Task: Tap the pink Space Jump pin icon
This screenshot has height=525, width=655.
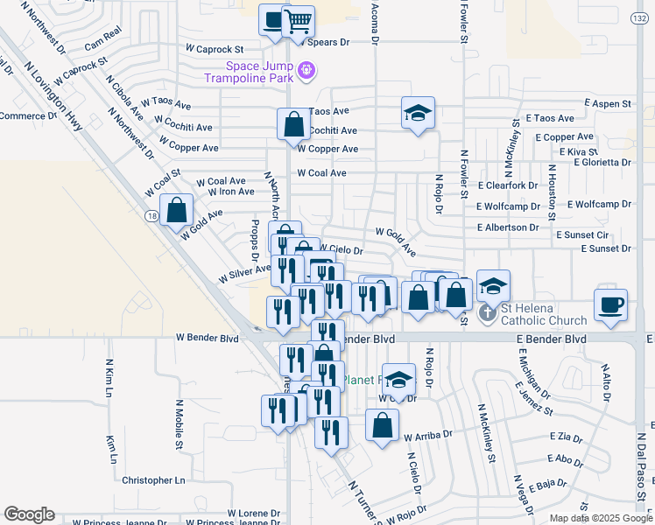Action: pos(306,69)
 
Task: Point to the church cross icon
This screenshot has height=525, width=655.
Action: pos(488,312)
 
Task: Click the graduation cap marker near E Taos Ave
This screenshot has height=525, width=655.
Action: pos(419,113)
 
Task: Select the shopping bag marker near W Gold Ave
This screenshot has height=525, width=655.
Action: pos(177,210)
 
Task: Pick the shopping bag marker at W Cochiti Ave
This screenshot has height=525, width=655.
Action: pos(293,124)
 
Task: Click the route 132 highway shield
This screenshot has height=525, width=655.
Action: pos(639,18)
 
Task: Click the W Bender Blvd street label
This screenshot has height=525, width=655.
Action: pos(207,337)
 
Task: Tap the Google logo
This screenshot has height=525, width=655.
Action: pos(29,514)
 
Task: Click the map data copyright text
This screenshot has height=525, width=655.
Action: pos(602,518)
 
